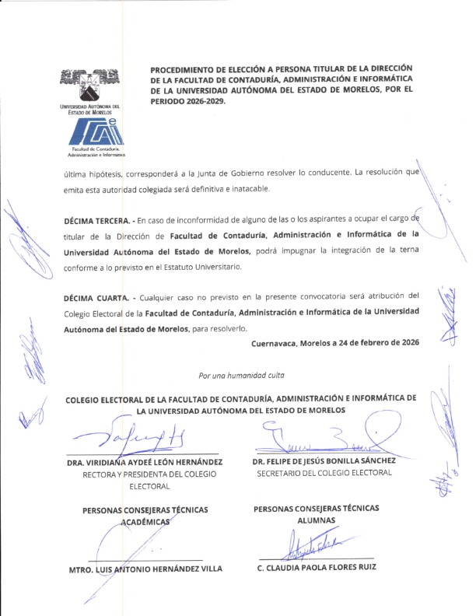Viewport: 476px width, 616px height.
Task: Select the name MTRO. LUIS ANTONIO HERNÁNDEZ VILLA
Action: click(145, 569)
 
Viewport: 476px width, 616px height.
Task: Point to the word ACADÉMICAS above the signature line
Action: click(145, 523)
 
